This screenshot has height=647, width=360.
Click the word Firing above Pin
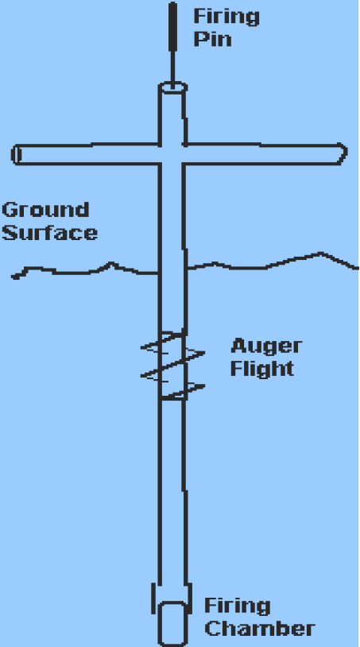226,17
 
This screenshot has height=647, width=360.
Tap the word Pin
212,39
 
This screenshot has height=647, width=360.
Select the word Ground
45,210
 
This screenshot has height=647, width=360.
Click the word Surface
50,233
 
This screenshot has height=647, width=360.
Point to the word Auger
266,347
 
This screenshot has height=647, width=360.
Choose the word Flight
262,368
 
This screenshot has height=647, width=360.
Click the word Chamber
260,629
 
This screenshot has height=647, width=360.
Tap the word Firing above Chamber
238,606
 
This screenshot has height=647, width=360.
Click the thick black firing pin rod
172,25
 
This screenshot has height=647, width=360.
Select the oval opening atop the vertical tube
172,87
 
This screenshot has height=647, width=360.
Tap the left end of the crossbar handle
16,155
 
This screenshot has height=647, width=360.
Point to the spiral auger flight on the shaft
172,366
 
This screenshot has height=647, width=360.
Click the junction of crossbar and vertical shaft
172,154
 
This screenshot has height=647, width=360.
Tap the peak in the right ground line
320,253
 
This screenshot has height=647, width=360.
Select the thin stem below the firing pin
172,66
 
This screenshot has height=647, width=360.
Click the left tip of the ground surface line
13,277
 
